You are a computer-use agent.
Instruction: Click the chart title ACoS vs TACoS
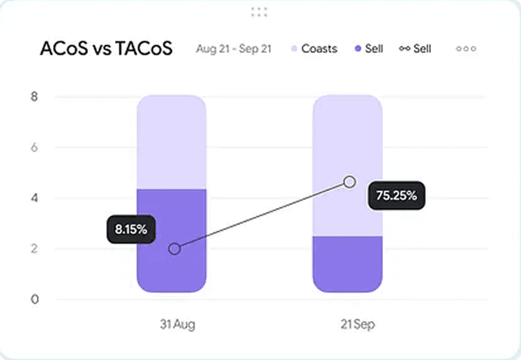(106, 49)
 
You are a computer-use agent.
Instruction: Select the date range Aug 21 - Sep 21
(233, 49)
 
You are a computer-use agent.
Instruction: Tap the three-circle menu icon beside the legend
(466, 49)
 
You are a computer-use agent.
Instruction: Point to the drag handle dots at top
(259, 11)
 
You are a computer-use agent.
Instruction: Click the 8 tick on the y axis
(34, 97)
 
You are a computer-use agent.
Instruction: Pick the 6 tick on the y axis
(34, 148)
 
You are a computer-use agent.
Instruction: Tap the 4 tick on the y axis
(34, 198)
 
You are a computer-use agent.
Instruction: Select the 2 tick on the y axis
(34, 249)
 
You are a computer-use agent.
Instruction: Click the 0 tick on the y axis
(34, 300)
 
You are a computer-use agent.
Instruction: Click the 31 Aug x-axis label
(178, 324)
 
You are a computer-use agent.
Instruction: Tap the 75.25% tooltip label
(396, 195)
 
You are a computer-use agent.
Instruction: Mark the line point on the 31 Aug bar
(174, 249)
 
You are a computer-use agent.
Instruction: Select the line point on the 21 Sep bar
(350, 181)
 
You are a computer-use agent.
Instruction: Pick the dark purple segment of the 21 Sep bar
(347, 264)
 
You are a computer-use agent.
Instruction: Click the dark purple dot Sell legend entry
(369, 49)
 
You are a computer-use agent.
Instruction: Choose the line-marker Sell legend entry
(415, 49)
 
